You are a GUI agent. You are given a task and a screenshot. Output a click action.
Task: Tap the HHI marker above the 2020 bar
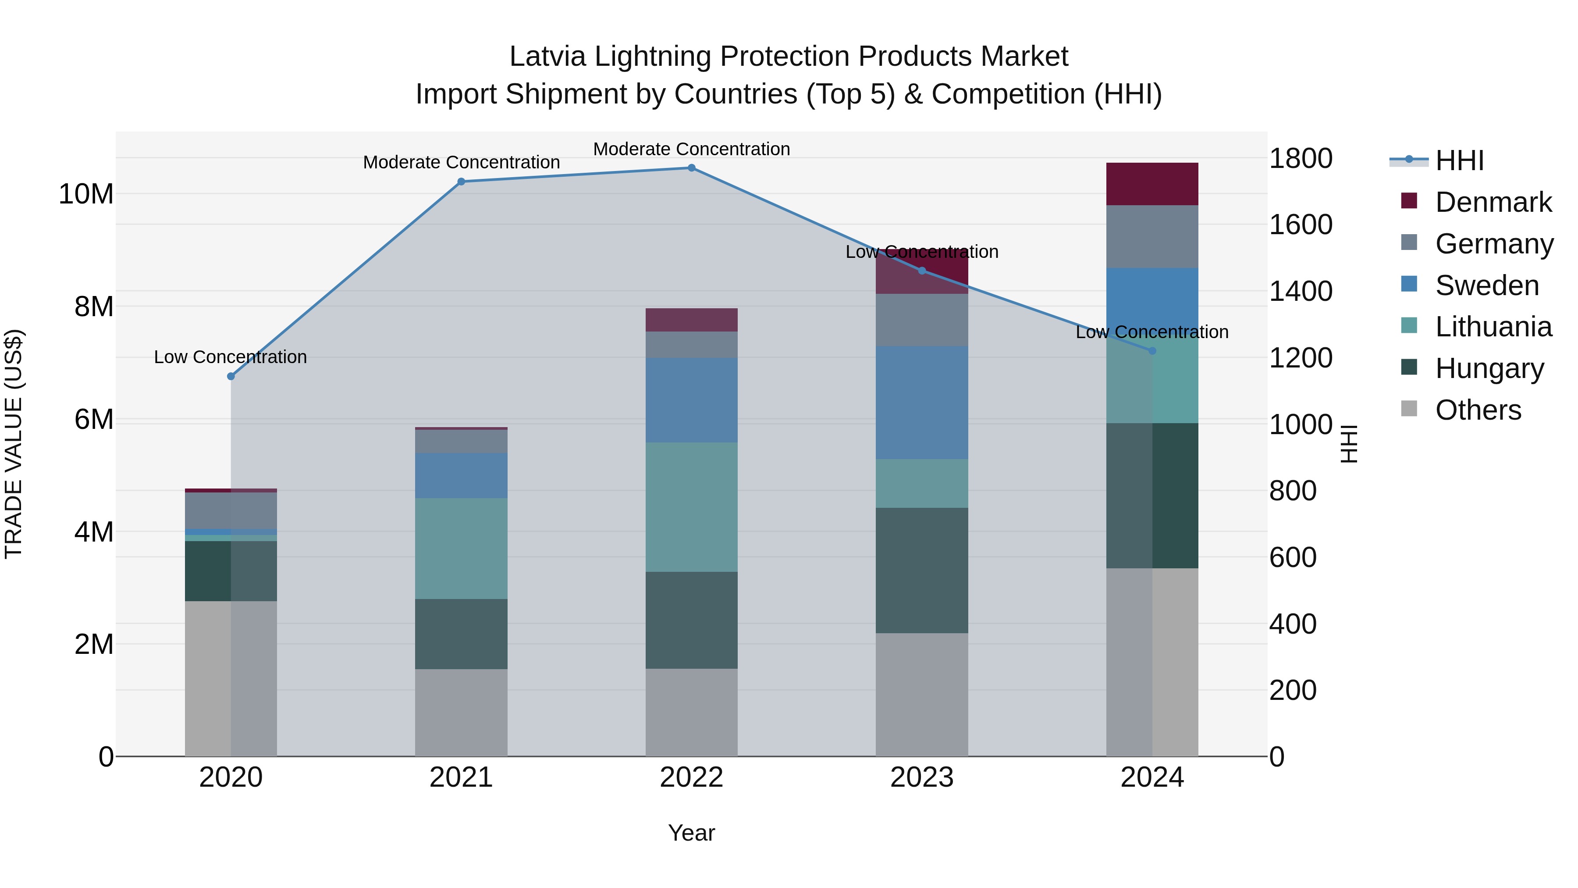coord(231,376)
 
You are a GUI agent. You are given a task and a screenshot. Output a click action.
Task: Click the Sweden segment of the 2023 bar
coord(921,402)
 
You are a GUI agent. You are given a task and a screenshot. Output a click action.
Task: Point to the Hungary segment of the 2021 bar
coord(461,634)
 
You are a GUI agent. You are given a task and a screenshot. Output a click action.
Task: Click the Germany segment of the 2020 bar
coord(231,510)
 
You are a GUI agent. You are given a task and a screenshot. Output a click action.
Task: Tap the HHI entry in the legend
coord(1458,160)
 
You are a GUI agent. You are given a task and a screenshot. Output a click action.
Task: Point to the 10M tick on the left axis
coord(86,194)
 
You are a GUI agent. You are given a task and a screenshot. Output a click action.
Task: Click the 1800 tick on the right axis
coord(1300,159)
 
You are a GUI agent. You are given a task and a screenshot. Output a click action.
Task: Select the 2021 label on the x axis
coord(461,777)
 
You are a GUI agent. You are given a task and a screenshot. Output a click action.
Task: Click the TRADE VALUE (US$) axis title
coord(14,444)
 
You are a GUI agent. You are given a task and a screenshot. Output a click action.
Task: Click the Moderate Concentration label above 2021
coord(461,162)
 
